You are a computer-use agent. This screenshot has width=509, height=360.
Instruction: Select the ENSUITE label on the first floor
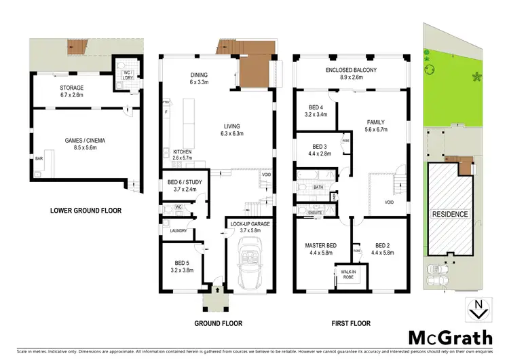(316, 213)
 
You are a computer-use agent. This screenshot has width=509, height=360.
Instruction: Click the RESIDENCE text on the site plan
(450, 215)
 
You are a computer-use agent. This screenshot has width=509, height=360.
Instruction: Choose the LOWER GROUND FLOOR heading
(86, 211)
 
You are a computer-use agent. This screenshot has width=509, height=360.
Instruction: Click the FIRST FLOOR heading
(348, 323)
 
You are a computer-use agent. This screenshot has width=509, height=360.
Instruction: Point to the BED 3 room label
(320, 147)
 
